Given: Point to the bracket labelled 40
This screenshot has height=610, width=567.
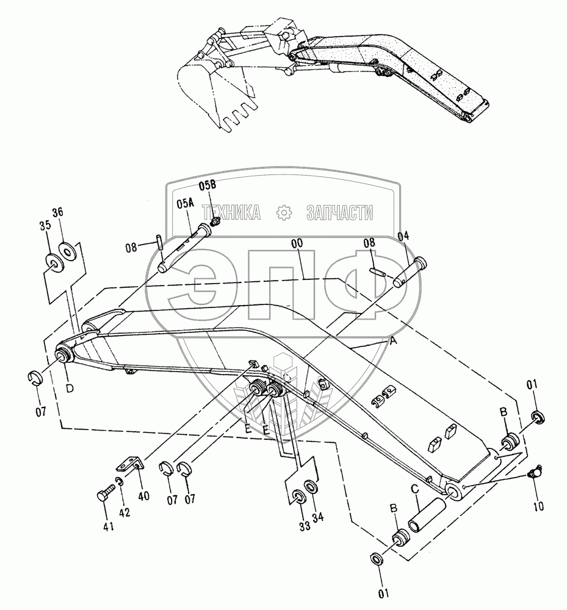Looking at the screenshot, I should click(131, 464).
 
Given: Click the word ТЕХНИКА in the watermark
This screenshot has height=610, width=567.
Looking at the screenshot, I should click(232, 212).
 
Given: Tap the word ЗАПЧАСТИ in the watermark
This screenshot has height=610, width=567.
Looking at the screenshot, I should click(339, 212).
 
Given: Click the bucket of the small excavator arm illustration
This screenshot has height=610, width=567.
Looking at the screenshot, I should click(214, 91).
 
